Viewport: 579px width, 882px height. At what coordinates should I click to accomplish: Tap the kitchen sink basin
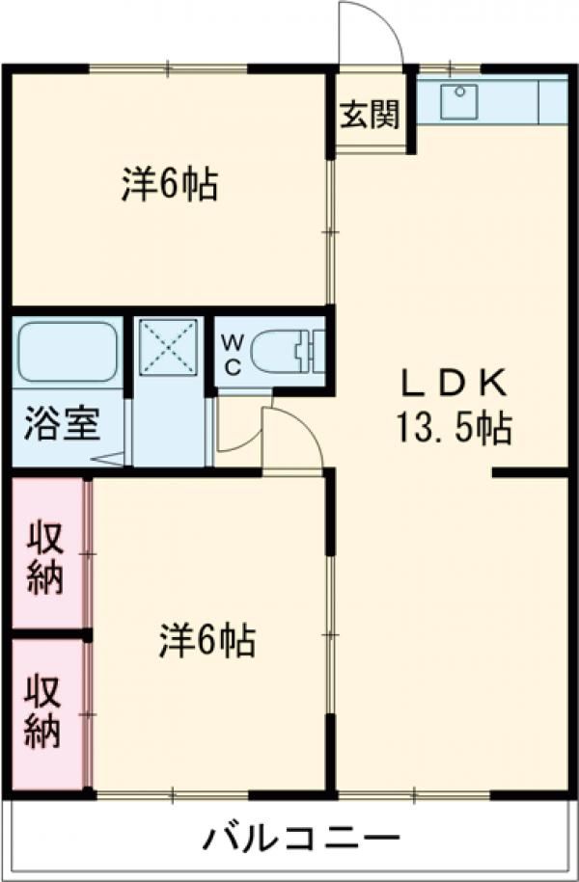click(459, 101)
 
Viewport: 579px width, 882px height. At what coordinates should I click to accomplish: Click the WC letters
click(233, 354)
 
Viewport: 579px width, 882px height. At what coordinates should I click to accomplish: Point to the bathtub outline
click(68, 353)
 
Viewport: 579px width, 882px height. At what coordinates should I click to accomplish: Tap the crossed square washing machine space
click(169, 346)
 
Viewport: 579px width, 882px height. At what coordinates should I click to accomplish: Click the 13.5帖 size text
click(455, 429)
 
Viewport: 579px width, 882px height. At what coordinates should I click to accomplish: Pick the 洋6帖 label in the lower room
click(207, 640)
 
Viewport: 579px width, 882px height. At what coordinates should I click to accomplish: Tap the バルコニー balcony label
click(301, 840)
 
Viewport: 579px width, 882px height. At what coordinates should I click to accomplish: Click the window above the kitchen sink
click(450, 68)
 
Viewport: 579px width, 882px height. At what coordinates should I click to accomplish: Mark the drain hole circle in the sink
click(460, 92)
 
